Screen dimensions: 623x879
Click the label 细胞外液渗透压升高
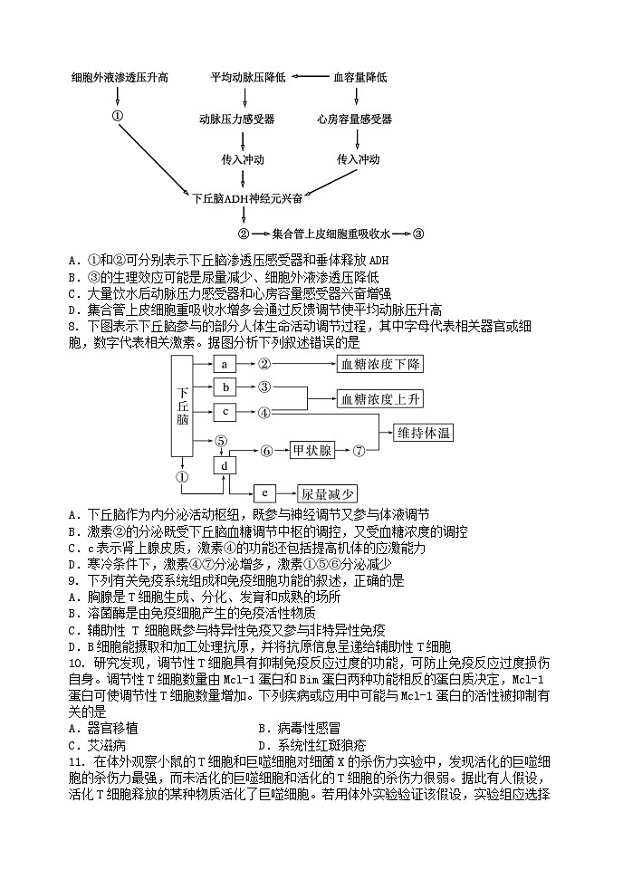pos(120,78)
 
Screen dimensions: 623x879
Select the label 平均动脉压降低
pos(248,78)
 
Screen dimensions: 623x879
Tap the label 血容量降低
pos(360,78)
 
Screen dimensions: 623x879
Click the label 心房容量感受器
pos(355,119)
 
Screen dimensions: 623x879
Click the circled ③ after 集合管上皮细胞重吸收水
pos(418,234)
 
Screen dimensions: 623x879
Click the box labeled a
pos(225,365)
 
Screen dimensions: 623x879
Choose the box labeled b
pos(225,387)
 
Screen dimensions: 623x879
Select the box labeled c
pos(225,412)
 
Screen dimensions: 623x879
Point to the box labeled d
pos(225,465)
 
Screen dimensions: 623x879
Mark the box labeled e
pos(264,493)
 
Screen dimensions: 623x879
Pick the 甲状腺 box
pos(313,450)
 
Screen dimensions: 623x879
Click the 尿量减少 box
pos(329,493)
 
